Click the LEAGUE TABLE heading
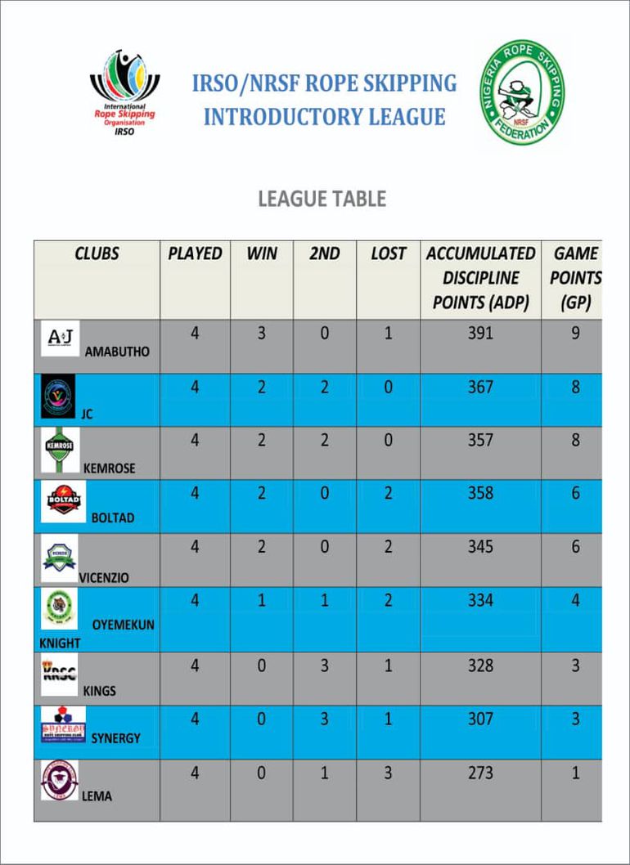[322, 199]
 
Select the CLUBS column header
[97, 253]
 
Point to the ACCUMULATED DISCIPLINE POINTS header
[480, 278]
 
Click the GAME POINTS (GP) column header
[575, 278]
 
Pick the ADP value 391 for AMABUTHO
[480, 334]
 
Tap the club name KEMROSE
[110, 468]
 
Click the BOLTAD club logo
[63, 501]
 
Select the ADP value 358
[480, 493]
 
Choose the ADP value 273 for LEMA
[480, 773]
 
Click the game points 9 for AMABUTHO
[575, 334]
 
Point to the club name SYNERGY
[115, 738]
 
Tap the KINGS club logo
[59, 671]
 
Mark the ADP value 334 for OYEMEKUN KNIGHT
[480, 601]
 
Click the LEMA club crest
[59, 780]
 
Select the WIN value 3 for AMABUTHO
[261, 334]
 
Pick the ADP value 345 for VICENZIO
[480, 546]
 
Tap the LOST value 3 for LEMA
[388, 773]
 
